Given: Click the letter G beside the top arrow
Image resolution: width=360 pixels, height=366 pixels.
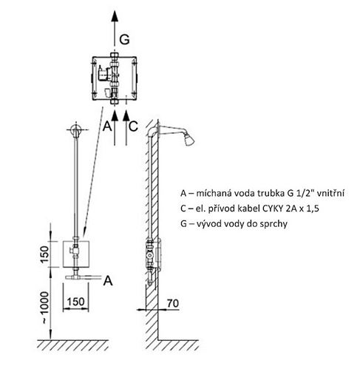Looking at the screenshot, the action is point(124,39).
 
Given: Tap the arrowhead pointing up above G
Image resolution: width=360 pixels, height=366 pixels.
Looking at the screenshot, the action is point(115,16).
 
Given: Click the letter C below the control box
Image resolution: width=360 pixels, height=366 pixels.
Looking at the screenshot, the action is point(133,126).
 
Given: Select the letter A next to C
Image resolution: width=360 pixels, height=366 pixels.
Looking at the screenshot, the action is point(107,126).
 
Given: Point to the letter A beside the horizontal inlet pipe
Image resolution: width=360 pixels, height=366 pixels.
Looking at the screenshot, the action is point(108,281).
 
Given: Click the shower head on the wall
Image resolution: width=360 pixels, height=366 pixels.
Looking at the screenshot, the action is point(189,140).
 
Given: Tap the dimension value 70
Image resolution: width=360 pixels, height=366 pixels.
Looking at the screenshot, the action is point(173,303).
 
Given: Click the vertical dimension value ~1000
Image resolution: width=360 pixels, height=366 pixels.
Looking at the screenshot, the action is point(44,308).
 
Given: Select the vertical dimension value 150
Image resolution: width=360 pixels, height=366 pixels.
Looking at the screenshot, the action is point(44,254).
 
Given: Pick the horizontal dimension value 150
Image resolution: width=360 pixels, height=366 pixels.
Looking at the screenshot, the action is point(75,302).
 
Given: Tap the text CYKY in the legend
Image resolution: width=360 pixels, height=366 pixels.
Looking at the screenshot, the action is point(272,209).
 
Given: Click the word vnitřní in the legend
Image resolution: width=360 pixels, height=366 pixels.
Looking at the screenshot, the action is point(330,193).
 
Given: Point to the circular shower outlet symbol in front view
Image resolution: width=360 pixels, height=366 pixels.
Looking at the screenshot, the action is point(76,129).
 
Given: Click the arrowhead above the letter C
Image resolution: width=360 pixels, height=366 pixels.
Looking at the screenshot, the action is point(126,115).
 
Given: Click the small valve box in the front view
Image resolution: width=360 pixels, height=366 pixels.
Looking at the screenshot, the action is point(76,254).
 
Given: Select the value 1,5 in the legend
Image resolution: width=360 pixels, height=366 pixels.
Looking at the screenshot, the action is point(313,209).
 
